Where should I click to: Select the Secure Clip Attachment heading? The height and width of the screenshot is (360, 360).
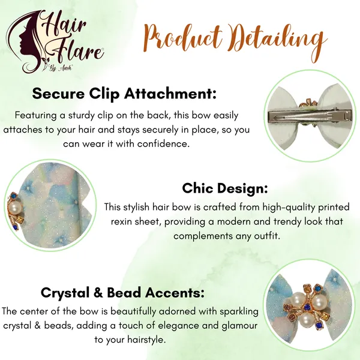(124, 94)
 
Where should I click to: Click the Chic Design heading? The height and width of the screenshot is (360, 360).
(225, 188)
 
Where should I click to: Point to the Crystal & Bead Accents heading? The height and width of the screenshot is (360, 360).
(122, 293)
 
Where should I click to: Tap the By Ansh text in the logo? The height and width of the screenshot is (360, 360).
(60, 68)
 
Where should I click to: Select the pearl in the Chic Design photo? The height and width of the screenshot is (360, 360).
(15, 208)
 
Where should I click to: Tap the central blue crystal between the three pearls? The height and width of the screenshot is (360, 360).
(306, 307)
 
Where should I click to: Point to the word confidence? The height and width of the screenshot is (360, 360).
(163, 144)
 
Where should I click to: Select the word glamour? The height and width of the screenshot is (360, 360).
(239, 326)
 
